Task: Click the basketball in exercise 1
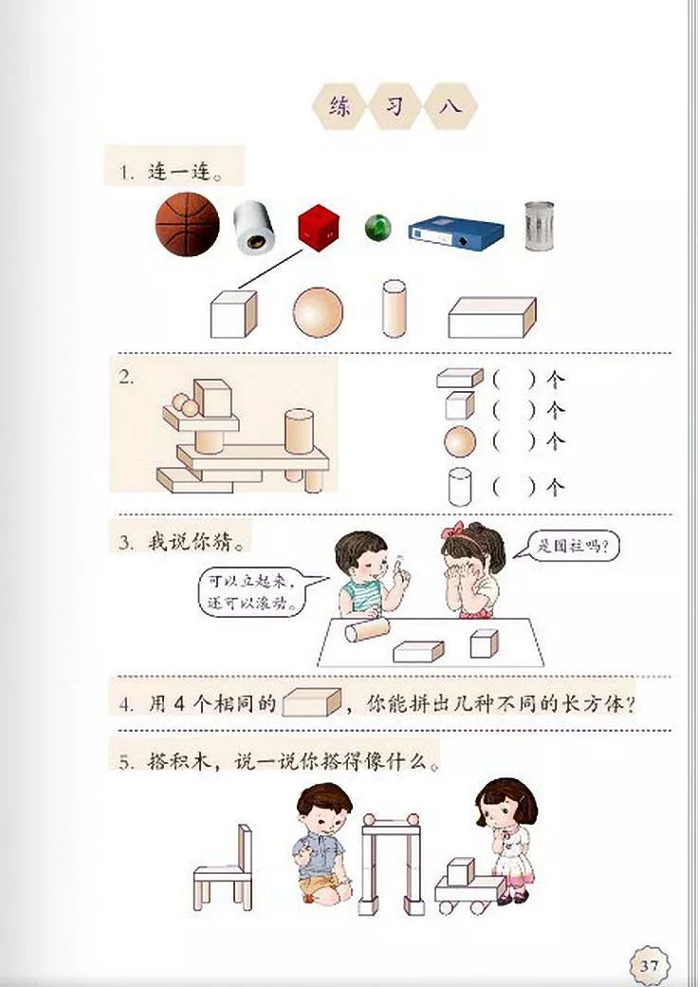[187, 224]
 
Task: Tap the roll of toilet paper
[254, 228]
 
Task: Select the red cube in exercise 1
[319, 225]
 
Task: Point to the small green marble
[377, 227]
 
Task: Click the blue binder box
[456, 232]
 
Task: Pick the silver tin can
[538, 224]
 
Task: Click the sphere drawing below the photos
[317, 311]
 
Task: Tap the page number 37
[649, 965]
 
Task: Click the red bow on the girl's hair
[459, 530]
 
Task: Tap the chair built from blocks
[225, 868]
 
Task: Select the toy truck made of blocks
[468, 887]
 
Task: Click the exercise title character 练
[340, 106]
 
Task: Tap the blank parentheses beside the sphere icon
[514, 441]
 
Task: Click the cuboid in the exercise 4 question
[311, 702]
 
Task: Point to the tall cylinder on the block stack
[300, 430]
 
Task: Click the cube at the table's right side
[484, 642]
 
